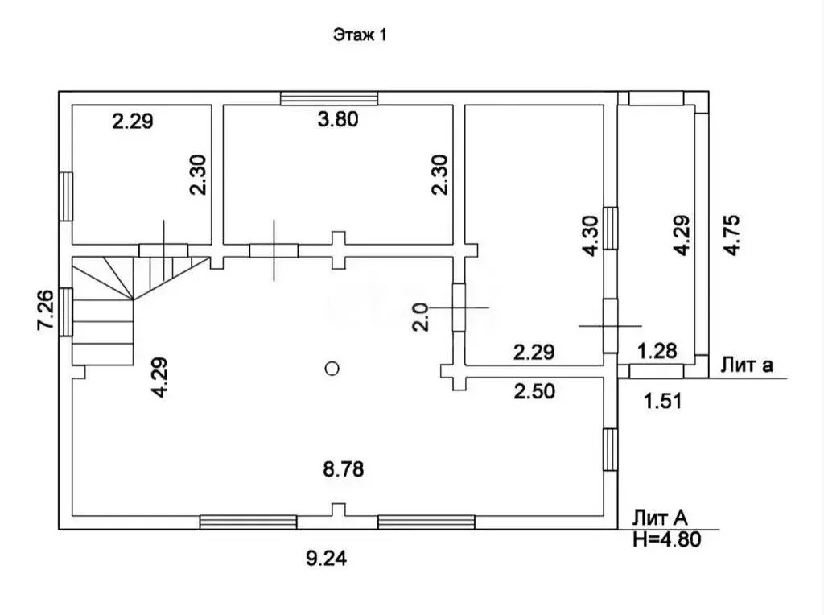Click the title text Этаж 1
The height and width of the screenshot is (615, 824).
(x=360, y=35)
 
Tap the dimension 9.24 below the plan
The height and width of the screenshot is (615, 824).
(x=327, y=558)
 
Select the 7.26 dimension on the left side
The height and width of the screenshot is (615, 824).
(x=46, y=310)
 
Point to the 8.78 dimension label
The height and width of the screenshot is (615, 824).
(x=343, y=468)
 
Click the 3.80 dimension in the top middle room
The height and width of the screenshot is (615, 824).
(x=338, y=119)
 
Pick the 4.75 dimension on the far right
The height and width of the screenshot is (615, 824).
(x=731, y=235)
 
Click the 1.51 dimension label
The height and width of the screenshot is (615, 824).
(x=663, y=401)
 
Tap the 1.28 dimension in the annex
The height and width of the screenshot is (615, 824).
(x=657, y=351)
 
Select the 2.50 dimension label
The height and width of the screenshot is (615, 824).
(x=534, y=391)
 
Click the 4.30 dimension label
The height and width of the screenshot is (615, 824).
(x=591, y=236)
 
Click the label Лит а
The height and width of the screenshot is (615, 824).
(x=747, y=365)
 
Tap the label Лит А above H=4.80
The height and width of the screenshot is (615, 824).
(x=660, y=518)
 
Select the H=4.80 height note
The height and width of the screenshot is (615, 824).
(x=667, y=539)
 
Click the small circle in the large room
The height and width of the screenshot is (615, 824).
(x=332, y=369)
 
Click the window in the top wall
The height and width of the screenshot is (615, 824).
(x=329, y=98)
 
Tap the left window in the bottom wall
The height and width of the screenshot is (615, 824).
(x=249, y=522)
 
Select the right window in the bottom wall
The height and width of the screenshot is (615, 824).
(x=426, y=522)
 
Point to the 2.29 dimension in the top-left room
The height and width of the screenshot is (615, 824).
(x=133, y=122)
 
